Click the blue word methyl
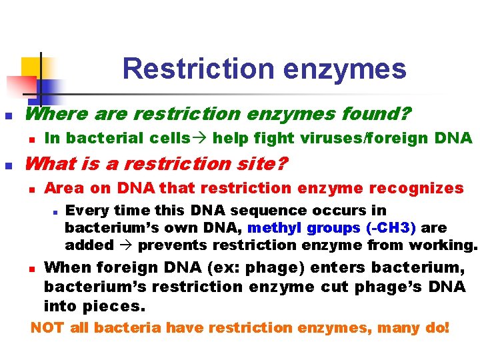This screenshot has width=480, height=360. coord(275,228)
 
